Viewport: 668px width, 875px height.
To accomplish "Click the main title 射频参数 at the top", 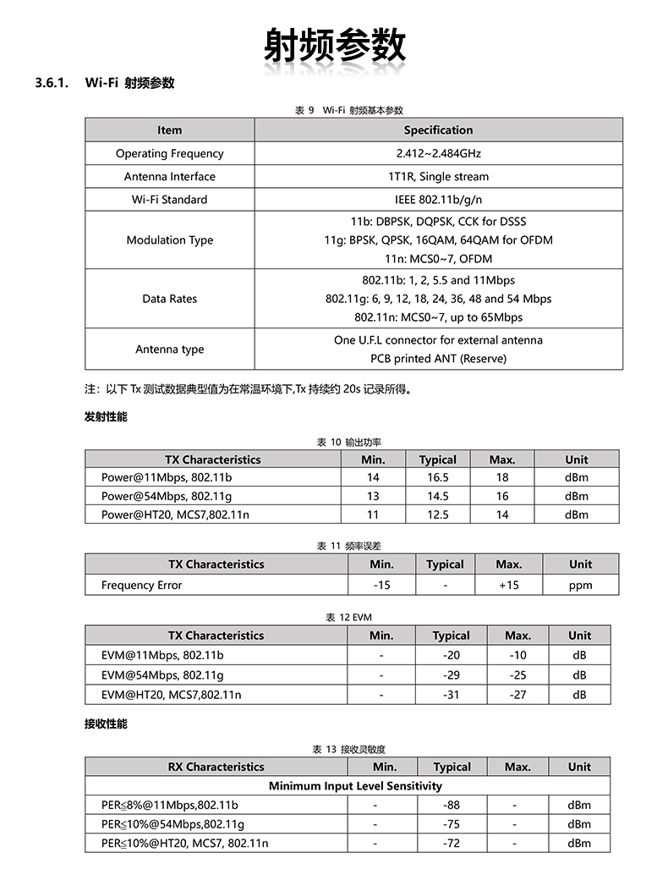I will pyautogui.click(x=334, y=45).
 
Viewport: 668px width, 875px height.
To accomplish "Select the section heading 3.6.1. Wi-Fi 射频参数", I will pyautogui.click(x=105, y=83).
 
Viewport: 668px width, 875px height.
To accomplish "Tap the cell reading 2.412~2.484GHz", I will pyautogui.click(x=438, y=153).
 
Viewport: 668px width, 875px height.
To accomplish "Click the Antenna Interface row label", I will pyautogui.click(x=169, y=176).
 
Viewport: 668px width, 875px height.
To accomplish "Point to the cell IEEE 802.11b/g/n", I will pyautogui.click(x=438, y=200).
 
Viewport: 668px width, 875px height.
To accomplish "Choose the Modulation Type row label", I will pyautogui.click(x=169, y=239).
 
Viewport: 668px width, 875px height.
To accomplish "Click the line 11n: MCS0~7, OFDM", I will pyautogui.click(x=438, y=258).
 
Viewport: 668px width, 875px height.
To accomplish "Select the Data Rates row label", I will pyautogui.click(x=169, y=299).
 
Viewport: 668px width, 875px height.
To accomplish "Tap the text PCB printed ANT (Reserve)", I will pyautogui.click(x=438, y=358).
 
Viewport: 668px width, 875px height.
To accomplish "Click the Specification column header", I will pyautogui.click(x=438, y=129).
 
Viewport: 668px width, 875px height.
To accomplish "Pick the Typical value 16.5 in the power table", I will pyautogui.click(x=437, y=477).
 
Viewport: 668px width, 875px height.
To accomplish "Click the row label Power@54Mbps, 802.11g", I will pyautogui.click(x=167, y=496).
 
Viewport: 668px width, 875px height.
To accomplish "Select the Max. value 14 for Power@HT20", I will pyautogui.click(x=502, y=515).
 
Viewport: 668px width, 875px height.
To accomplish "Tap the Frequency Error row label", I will pyautogui.click(x=141, y=585).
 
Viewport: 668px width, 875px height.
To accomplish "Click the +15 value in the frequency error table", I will pyautogui.click(x=509, y=585).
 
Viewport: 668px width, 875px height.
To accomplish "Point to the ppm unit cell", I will pyautogui.click(x=580, y=585).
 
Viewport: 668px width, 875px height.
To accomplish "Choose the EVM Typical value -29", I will pyautogui.click(x=451, y=675).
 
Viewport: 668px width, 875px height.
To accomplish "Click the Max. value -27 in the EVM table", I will pyautogui.click(x=517, y=695).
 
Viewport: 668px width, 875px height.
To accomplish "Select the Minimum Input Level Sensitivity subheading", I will pyautogui.click(x=355, y=785).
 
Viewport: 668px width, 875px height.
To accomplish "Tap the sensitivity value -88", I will pyautogui.click(x=452, y=805).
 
